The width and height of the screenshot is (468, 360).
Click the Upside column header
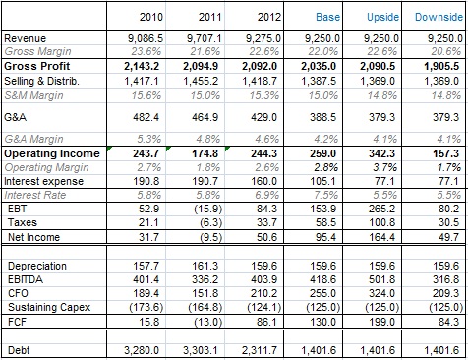pyautogui.click(x=382, y=17)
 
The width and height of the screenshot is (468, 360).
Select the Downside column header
pyautogui.click(x=439, y=17)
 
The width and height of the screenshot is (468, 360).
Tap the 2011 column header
pyautogui.click(x=210, y=17)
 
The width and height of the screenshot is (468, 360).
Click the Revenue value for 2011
pyautogui.click(x=205, y=38)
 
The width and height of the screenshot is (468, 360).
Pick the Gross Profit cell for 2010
pyautogui.click(x=142, y=66)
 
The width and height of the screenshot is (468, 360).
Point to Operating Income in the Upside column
pyautogui.click(x=382, y=153)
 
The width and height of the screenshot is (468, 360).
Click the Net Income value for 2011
pyautogui.click(x=210, y=237)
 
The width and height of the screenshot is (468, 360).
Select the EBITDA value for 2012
pyautogui.click(x=263, y=279)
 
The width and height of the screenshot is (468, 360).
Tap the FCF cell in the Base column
pyautogui.click(x=323, y=322)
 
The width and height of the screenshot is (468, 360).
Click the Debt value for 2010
pyautogui.click(x=142, y=350)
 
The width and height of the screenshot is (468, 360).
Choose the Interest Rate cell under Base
pyautogui.click(x=326, y=195)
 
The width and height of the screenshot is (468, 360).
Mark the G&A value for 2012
pyautogui.click(x=263, y=117)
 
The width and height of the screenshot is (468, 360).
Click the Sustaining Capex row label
pyautogui.click(x=49, y=307)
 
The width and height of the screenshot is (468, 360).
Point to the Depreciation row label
pyautogui.click(x=37, y=266)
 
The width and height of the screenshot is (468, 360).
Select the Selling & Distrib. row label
pyautogui.click(x=41, y=81)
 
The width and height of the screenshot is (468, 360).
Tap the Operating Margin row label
pyautogui.click(x=46, y=167)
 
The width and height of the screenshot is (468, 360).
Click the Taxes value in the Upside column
pyautogui.click(x=382, y=222)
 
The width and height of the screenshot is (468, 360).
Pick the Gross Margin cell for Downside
pyautogui.click(x=446, y=51)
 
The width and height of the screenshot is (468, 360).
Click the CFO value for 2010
pyautogui.click(x=146, y=293)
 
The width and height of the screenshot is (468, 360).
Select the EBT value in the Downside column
pyautogui.click(x=449, y=209)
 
